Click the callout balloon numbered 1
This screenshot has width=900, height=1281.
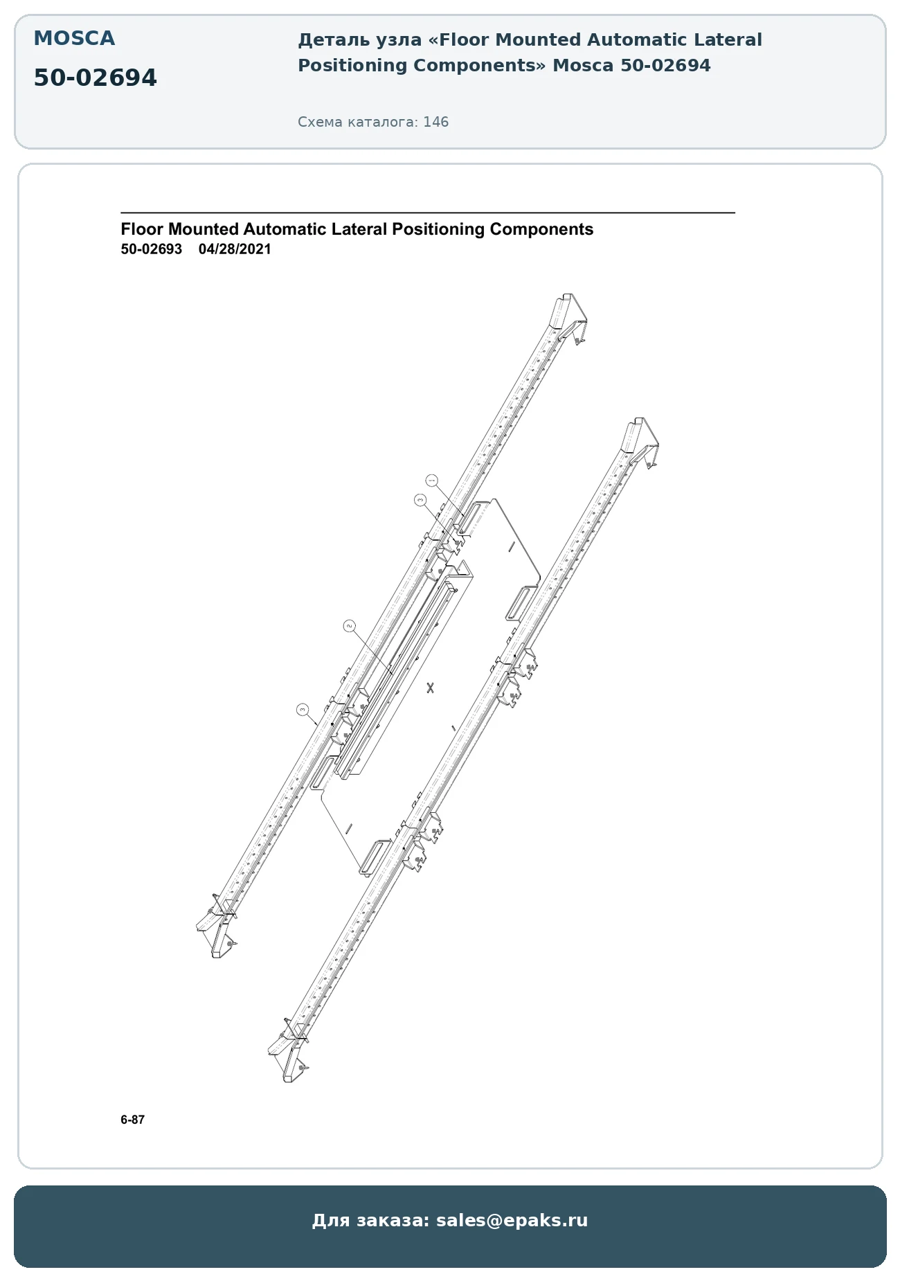click(x=432, y=480)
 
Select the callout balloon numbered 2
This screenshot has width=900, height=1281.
click(x=350, y=626)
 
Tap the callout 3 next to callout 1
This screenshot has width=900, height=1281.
click(x=420, y=500)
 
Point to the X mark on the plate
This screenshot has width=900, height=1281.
click(x=431, y=688)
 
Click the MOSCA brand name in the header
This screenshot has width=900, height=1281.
click(x=74, y=39)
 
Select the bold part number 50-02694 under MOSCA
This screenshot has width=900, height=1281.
click(x=96, y=78)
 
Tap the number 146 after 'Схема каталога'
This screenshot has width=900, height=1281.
click(x=436, y=122)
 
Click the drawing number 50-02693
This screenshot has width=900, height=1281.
click(x=151, y=249)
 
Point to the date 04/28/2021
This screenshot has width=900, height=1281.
click(x=235, y=249)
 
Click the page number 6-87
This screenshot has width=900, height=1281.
click(x=132, y=1120)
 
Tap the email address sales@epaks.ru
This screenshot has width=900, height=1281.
click(x=512, y=1220)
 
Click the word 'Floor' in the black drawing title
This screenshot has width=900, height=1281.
click(x=142, y=229)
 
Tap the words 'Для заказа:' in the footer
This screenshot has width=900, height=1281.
click(x=371, y=1220)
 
